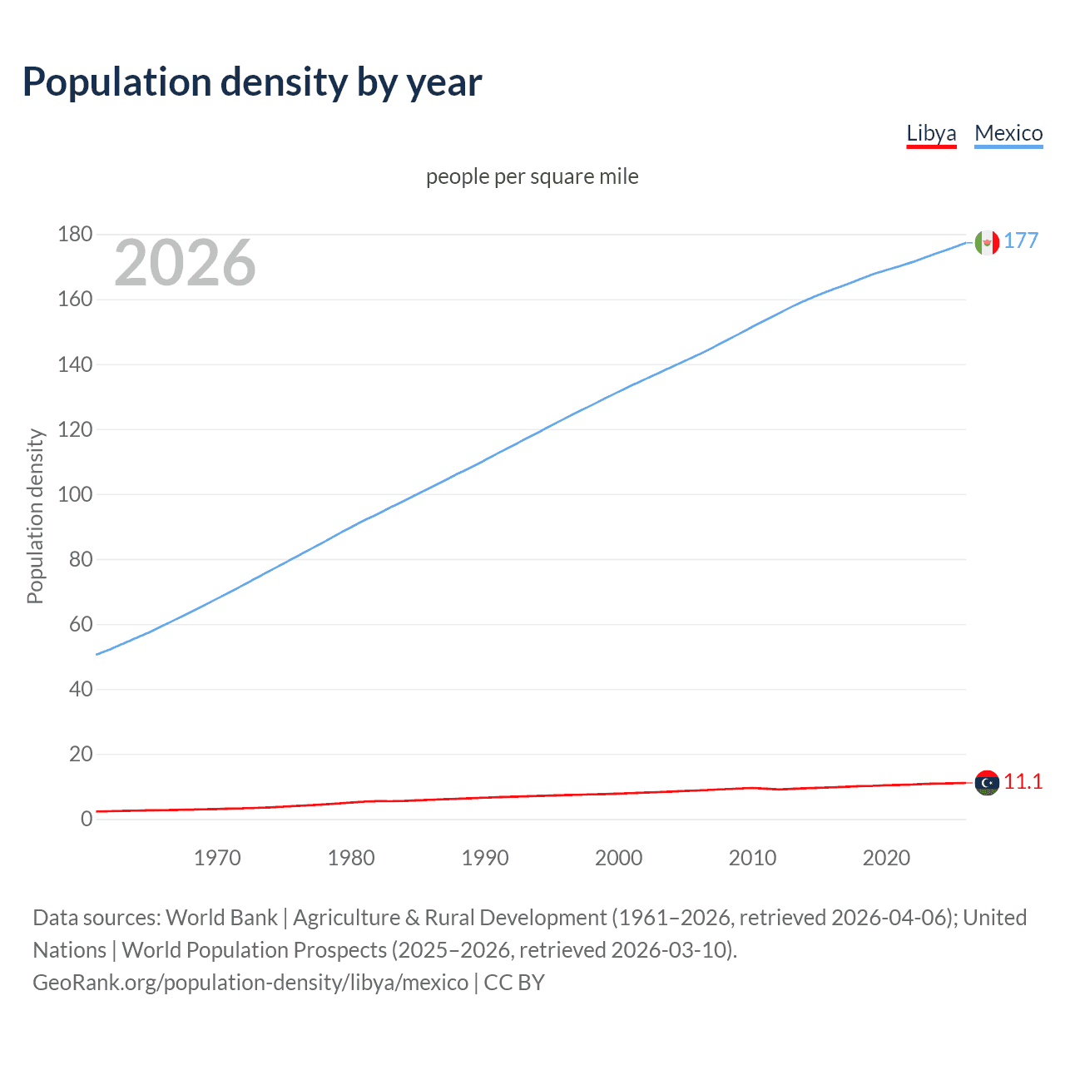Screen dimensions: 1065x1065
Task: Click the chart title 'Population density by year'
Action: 252,82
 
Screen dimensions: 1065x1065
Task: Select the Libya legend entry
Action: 931,133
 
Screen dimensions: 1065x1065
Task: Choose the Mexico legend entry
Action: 1008,133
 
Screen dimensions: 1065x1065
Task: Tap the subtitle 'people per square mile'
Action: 532,176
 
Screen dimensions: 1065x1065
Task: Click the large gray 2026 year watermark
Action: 185,263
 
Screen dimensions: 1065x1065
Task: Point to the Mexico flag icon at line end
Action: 987,242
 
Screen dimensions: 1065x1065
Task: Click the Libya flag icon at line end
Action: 987,783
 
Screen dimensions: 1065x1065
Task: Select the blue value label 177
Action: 1021,240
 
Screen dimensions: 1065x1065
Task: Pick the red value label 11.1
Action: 1023,781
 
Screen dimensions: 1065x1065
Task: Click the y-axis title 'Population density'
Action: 35,516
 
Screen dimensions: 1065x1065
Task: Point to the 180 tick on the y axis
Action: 75,235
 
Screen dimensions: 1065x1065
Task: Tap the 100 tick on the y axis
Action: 75,494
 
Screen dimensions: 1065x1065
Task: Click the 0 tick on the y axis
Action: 87,819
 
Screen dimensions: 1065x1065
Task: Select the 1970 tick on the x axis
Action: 217,858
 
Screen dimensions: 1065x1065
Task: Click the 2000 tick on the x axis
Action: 618,858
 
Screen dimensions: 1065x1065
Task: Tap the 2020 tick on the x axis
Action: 886,858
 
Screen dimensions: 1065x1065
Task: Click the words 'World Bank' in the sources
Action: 221,918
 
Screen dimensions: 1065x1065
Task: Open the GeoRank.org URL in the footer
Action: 250,983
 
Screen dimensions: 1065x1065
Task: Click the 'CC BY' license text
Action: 514,983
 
